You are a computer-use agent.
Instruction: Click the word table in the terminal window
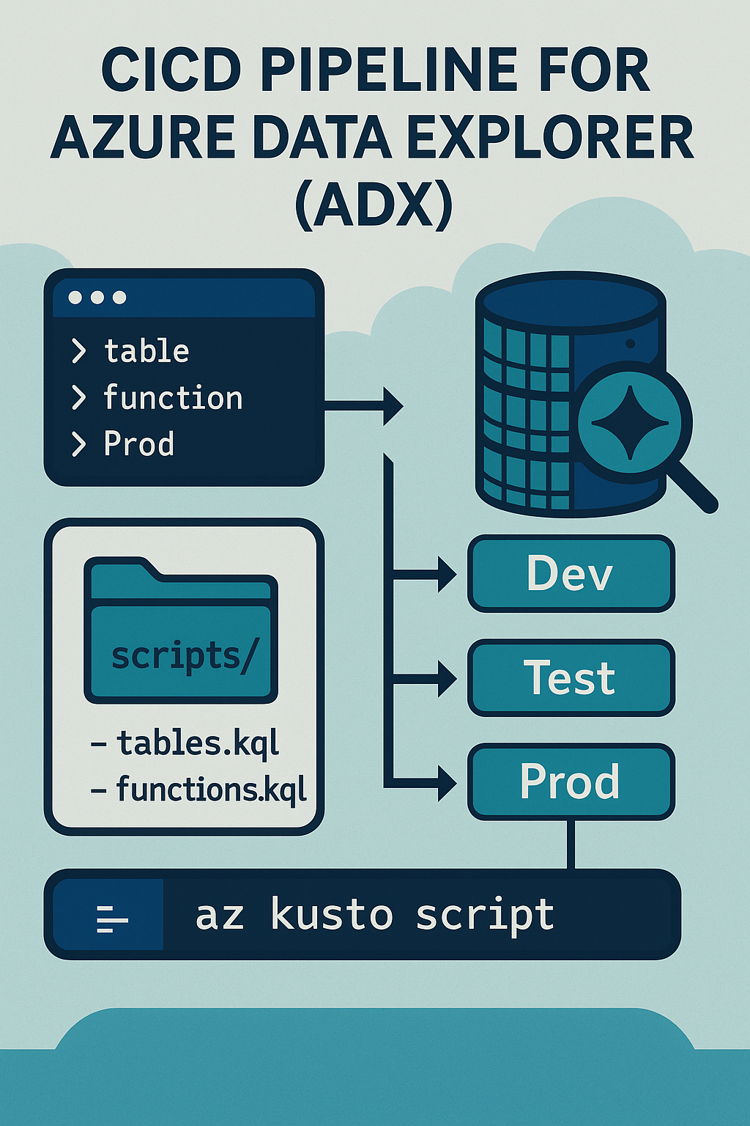pyautogui.click(x=146, y=351)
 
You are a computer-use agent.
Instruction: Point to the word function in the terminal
pyautogui.click(x=173, y=398)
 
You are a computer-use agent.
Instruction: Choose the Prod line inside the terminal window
pyautogui.click(x=139, y=444)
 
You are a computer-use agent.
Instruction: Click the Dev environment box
pyautogui.click(x=571, y=573)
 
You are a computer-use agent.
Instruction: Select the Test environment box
pyautogui.click(x=571, y=677)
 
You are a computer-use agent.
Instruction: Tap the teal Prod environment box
pyautogui.click(x=571, y=781)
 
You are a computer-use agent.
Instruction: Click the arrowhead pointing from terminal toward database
pyautogui.click(x=393, y=405)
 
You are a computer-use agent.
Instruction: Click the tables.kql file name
pyautogui.click(x=198, y=743)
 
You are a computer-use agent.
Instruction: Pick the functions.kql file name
pyautogui.click(x=211, y=790)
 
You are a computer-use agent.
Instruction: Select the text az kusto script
pyautogui.click(x=374, y=915)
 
